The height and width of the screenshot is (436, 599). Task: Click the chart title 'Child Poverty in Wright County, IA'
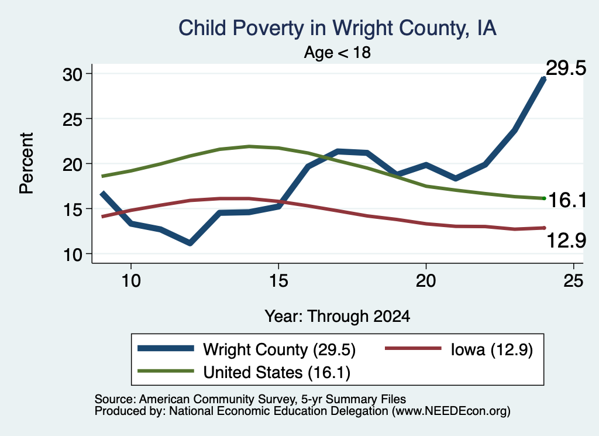click(338, 28)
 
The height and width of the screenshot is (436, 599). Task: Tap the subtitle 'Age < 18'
click(338, 52)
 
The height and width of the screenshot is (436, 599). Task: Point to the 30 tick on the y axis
click(73, 74)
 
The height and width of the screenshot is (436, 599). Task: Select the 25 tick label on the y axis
click(73, 119)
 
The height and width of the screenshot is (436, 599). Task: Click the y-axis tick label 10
click(73, 255)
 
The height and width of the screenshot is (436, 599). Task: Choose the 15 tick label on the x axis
click(278, 281)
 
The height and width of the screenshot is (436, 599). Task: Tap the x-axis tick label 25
click(573, 281)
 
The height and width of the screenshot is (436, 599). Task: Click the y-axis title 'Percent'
click(27, 163)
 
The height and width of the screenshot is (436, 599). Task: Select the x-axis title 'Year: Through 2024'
click(338, 317)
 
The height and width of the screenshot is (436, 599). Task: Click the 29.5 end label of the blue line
click(566, 68)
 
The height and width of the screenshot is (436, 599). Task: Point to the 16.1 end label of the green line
click(567, 200)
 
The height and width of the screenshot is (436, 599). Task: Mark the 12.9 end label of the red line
click(566, 241)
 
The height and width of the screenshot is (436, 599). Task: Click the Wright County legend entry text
click(279, 349)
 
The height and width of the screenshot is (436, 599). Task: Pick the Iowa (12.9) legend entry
click(491, 349)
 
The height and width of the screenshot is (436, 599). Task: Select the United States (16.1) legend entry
click(277, 373)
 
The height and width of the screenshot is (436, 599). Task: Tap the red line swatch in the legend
click(414, 348)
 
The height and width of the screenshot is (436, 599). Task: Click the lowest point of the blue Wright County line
click(190, 243)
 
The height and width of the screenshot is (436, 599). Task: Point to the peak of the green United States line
click(249, 146)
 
